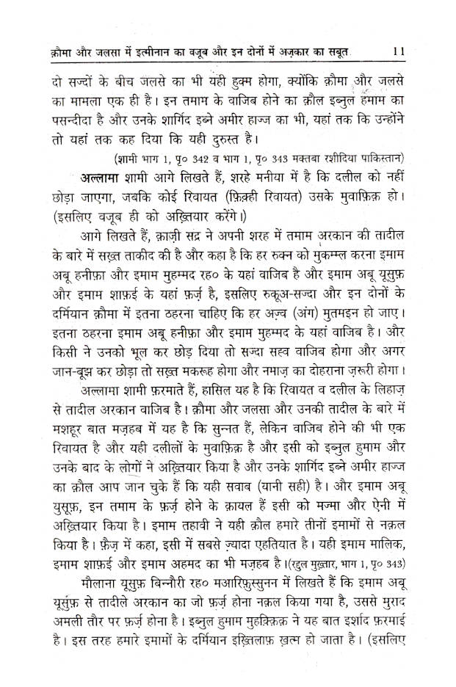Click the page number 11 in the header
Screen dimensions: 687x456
pos(399,52)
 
